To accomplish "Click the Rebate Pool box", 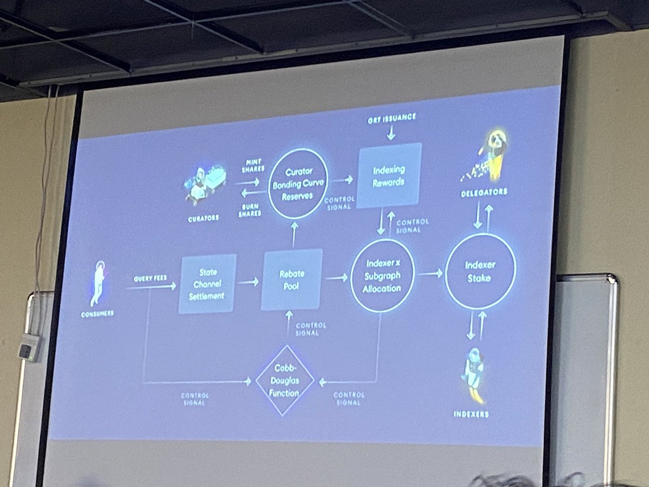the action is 292,279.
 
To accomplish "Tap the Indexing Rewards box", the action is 389,175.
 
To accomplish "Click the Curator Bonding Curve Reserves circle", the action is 298,183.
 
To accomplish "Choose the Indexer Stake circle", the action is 480,272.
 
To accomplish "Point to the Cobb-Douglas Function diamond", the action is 284,381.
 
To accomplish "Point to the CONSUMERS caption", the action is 98,314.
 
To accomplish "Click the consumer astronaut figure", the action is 98,283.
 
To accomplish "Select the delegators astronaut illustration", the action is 489,154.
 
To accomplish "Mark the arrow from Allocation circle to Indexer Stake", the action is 430,274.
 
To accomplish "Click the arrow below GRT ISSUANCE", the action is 390,133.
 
